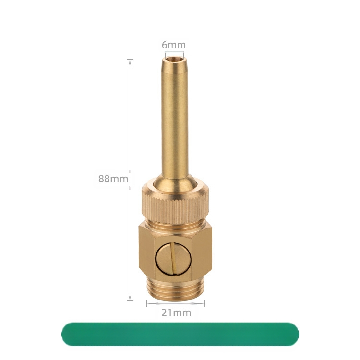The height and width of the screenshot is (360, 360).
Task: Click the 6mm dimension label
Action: [174, 45]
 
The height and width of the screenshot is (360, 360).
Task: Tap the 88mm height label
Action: [113, 179]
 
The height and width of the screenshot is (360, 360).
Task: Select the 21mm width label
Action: [176, 312]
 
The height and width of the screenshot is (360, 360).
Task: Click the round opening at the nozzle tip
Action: [174, 60]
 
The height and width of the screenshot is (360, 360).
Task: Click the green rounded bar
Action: [180, 334]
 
